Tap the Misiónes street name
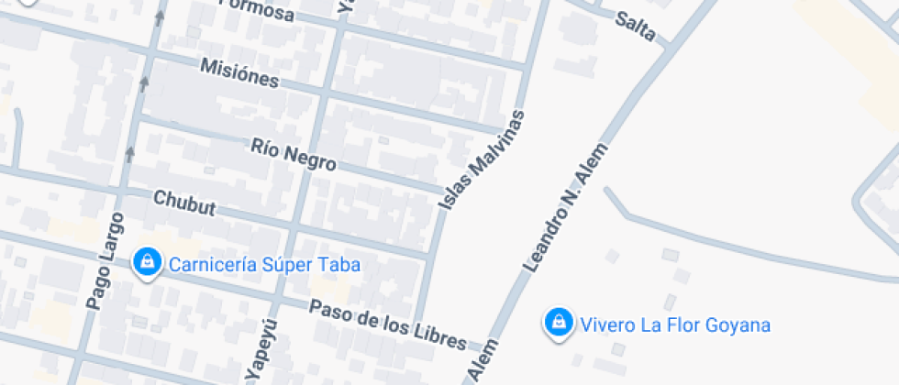[x=239, y=72]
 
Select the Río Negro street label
[x=294, y=153]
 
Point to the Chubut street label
[x=184, y=203]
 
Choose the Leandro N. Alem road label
[x=565, y=207]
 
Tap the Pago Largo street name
[x=104, y=260]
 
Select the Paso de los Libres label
[x=387, y=324]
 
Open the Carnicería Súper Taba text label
[x=264, y=266]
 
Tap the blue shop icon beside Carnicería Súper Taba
[x=146, y=263]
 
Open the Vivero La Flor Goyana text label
[x=674, y=324]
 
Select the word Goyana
[x=740, y=324]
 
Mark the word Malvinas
[x=497, y=142]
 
